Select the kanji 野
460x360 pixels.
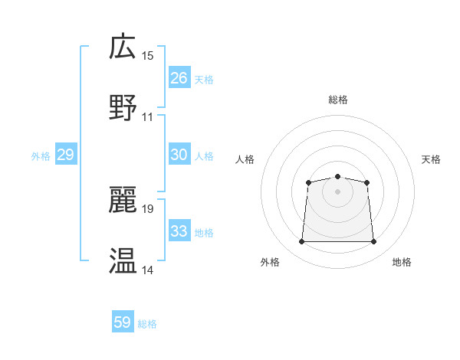point(123,107)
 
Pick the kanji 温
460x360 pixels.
point(123,260)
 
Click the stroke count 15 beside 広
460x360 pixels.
point(148,56)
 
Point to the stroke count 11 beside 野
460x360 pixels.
point(148,117)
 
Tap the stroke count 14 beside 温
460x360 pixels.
point(148,270)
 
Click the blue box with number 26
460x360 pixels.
point(179,78)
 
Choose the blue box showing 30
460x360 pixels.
point(179,155)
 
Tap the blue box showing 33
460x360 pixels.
point(179,231)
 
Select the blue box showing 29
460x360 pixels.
point(66,155)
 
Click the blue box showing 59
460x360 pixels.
point(123,322)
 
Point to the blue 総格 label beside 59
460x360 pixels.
point(147,324)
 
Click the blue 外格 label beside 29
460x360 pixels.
point(41,156)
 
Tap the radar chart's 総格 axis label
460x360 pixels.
point(338,100)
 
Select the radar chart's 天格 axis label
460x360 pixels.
point(431,159)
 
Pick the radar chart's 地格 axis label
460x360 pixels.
point(402,262)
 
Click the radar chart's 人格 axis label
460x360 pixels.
point(245,159)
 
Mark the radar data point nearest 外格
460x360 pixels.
point(301,242)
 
